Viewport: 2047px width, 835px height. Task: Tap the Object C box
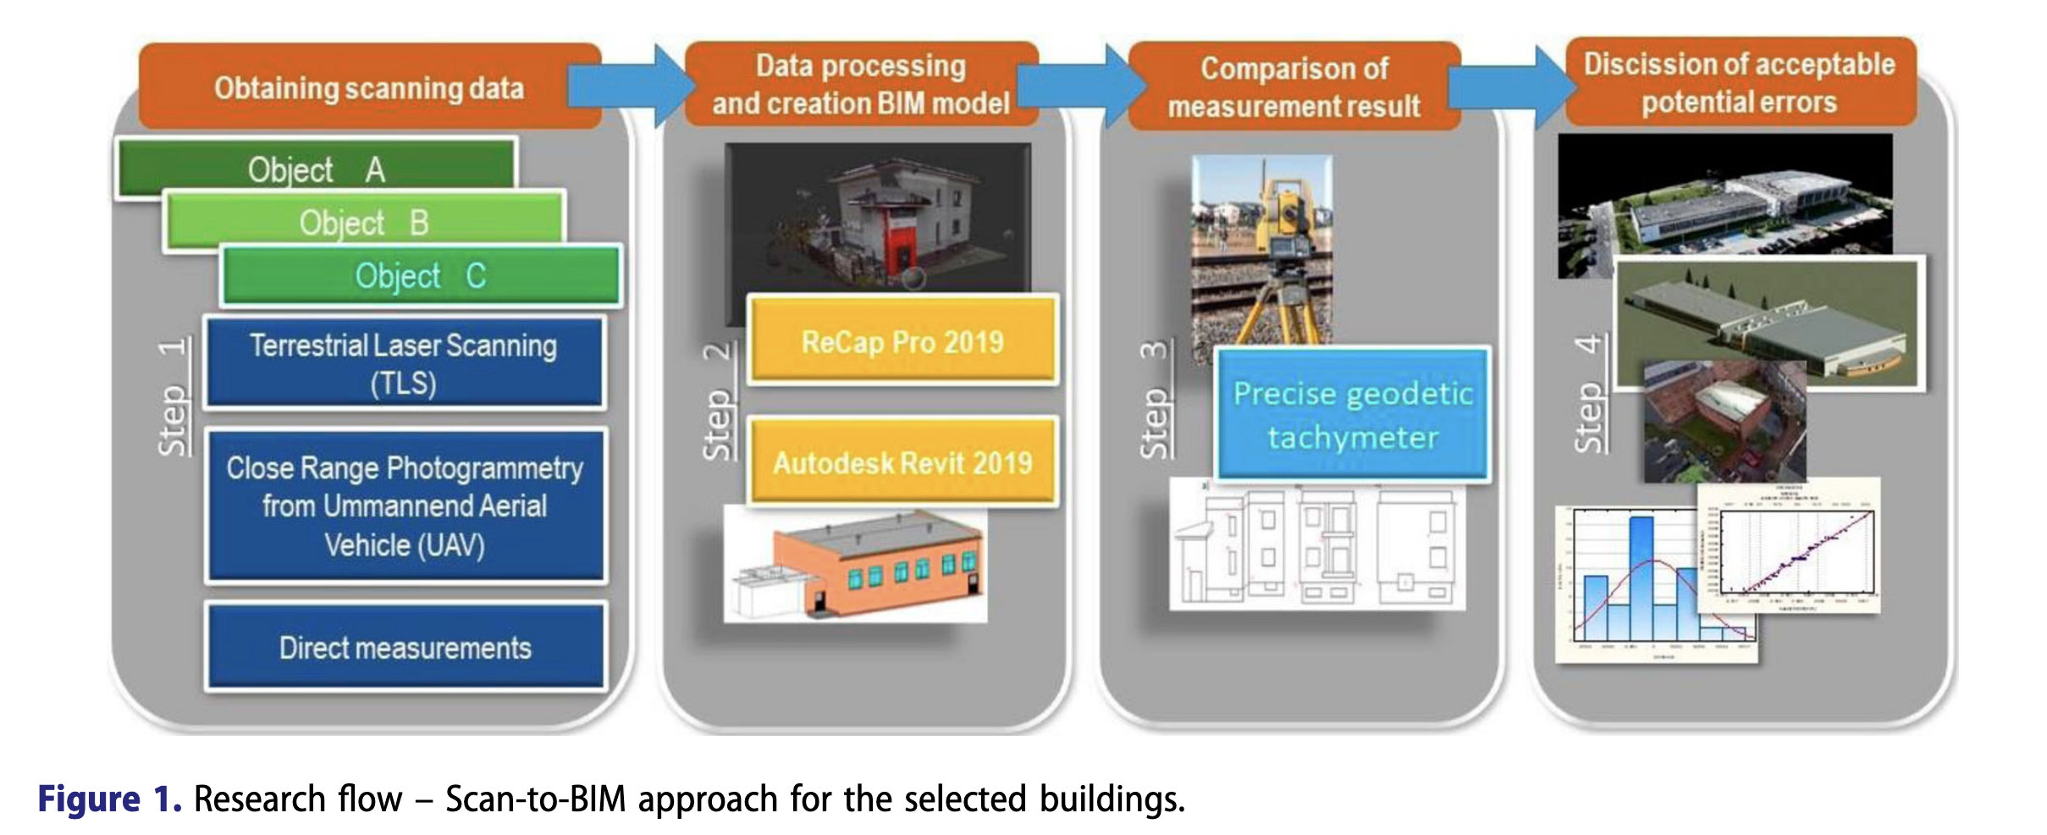pyautogui.click(x=421, y=275)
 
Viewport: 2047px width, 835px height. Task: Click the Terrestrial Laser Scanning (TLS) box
pyautogui.click(x=404, y=363)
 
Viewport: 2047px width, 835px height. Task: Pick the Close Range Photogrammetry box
pyautogui.click(x=405, y=506)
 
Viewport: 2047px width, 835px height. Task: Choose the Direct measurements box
pyautogui.click(x=405, y=648)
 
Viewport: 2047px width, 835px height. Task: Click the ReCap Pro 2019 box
pyautogui.click(x=902, y=341)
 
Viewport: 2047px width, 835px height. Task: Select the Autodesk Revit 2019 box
pyautogui.click(x=902, y=462)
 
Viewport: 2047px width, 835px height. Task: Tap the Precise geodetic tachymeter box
pyautogui.click(x=1352, y=415)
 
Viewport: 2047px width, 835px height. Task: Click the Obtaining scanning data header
pyautogui.click(x=369, y=87)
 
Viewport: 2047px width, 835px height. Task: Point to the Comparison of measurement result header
pyautogui.click(x=1294, y=86)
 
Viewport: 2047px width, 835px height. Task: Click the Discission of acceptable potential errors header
pyautogui.click(x=1739, y=82)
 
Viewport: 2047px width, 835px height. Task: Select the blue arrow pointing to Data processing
pyautogui.click(x=631, y=86)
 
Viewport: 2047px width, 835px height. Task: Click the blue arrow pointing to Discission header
pyautogui.click(x=1511, y=87)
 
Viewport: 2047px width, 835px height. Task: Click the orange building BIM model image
pyautogui.click(x=880, y=563)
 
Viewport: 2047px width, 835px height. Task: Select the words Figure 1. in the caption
pyautogui.click(x=109, y=799)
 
